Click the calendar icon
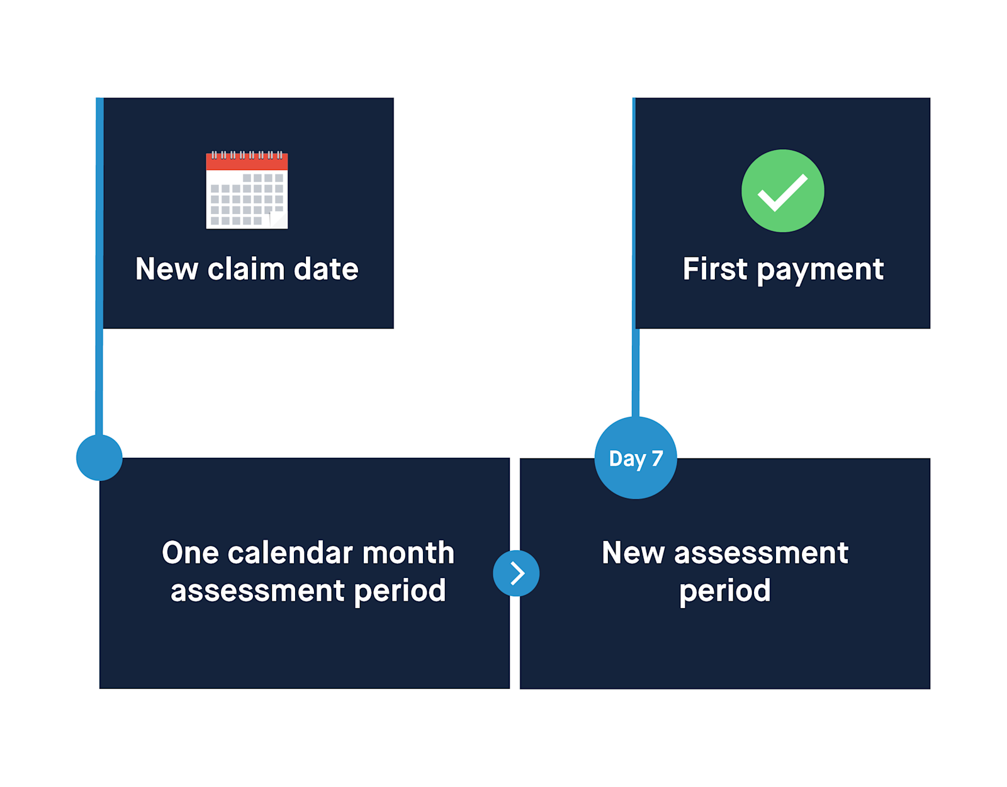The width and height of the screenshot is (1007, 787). tap(247, 190)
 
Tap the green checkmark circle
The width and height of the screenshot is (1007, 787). tap(782, 191)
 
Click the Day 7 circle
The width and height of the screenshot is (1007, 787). tap(636, 458)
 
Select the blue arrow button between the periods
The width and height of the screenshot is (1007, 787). tap(516, 573)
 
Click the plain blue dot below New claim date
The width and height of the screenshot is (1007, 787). tap(99, 458)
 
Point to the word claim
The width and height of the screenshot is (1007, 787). tap(246, 269)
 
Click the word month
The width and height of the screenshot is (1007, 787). tap(408, 553)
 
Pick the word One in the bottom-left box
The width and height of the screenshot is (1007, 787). tap(190, 553)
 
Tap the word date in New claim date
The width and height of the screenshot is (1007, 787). tap(326, 269)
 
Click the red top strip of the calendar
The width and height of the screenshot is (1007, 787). tap(247, 162)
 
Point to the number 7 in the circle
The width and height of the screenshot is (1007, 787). tap(656, 458)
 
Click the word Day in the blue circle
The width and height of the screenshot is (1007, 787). tap(627, 459)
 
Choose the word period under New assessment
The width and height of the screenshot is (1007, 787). tap(724, 591)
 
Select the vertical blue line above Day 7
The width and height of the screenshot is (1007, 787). tap(636, 371)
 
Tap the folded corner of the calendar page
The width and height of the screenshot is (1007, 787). tap(278, 220)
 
